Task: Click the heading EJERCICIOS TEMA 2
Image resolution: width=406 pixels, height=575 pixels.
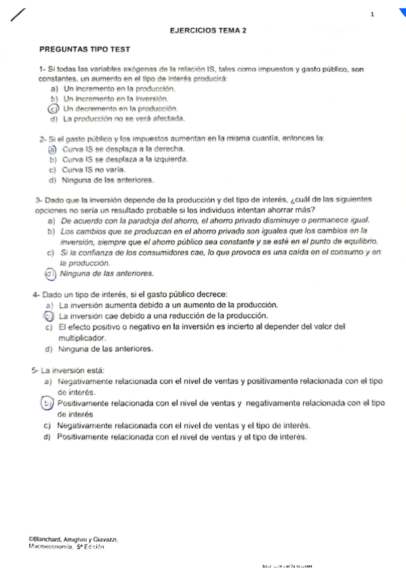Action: [208, 31]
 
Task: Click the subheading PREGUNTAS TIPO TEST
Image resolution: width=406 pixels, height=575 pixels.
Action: [85, 49]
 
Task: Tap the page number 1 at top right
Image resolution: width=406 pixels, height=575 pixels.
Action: [372, 14]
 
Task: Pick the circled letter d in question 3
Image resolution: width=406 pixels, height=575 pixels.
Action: [49, 274]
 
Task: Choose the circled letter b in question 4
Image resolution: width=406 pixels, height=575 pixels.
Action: [48, 316]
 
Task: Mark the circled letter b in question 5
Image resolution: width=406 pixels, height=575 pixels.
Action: [48, 403]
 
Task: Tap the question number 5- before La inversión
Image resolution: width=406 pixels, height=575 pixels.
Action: [35, 370]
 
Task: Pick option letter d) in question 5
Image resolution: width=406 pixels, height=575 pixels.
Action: [47, 437]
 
